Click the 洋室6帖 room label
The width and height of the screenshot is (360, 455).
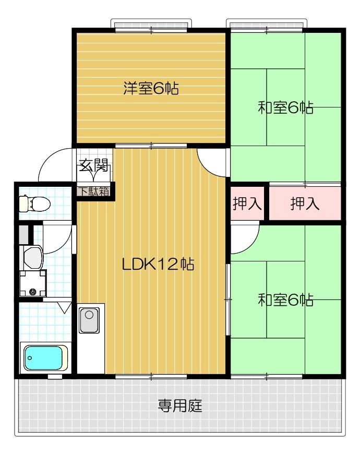pos(151,89)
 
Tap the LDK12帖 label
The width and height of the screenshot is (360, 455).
pos(158,265)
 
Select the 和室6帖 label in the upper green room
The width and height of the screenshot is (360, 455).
pos(285,108)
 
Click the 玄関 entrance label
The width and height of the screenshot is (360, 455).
pos(94,166)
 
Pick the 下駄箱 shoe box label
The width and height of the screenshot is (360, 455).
pos(94,191)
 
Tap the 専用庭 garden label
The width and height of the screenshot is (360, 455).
pos(180,405)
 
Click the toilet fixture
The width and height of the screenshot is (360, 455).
pos(34,202)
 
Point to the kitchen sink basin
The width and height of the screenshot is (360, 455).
pos(89,315)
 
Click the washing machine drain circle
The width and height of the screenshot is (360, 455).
pos(33,292)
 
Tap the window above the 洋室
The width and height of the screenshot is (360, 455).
pos(152,26)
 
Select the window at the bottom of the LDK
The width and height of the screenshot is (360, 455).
pos(151,376)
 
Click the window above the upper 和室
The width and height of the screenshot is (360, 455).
pos(266,26)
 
